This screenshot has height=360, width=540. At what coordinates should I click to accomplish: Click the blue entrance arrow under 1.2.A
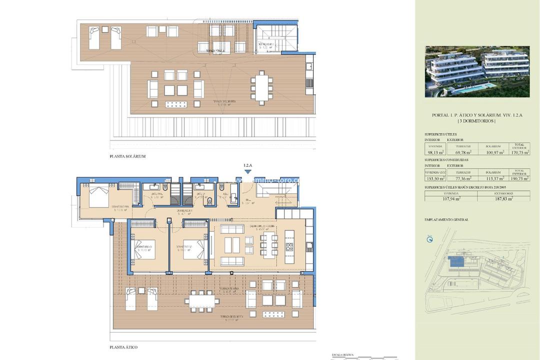pyautogui.click(x=247, y=171)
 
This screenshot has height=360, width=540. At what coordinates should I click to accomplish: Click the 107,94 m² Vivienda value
pyautogui.click(x=450, y=198)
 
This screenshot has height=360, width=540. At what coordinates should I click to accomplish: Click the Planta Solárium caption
pyautogui.click(x=127, y=156)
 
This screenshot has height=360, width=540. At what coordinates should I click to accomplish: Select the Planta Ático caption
pyautogui.click(x=123, y=347)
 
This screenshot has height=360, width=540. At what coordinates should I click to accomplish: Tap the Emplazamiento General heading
pyautogui.click(x=446, y=219)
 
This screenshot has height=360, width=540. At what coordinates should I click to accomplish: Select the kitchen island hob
pyautogui.click(x=289, y=246)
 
